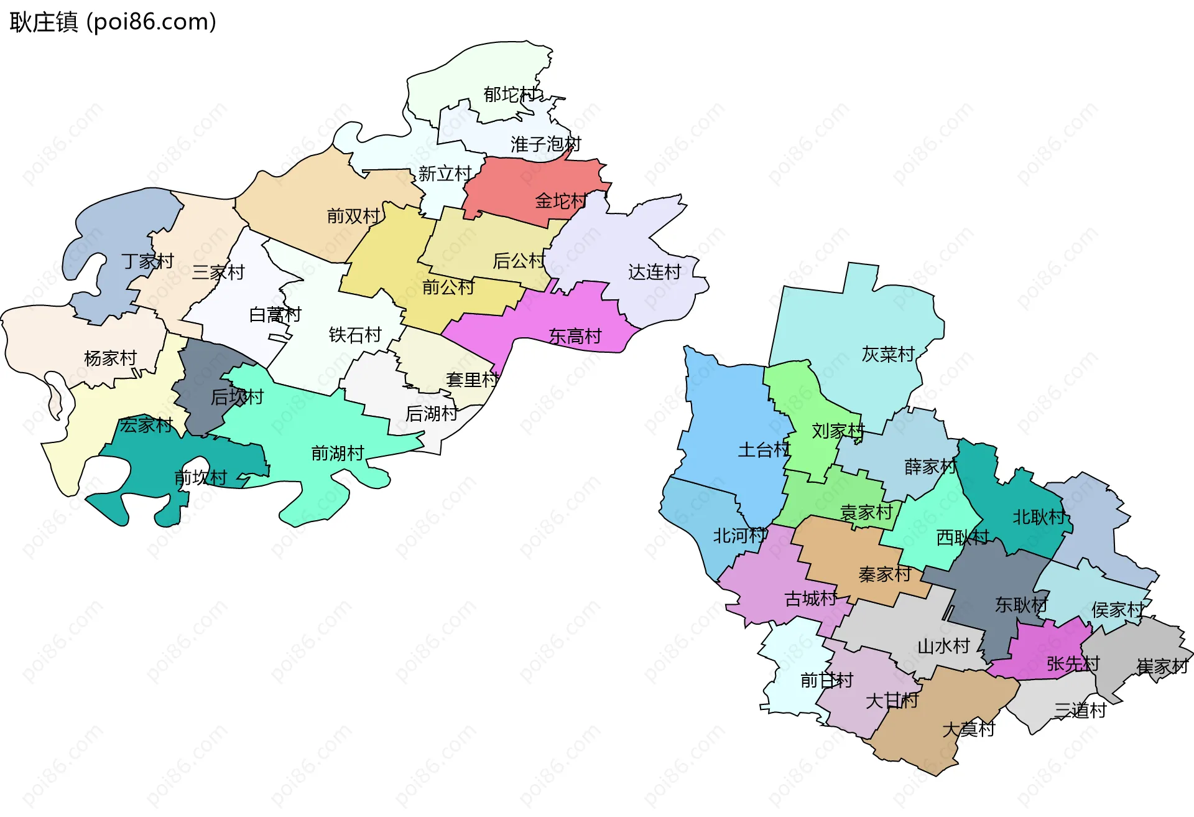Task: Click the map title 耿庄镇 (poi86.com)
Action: pos(113,22)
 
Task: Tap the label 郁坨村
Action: pos(509,95)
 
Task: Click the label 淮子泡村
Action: pos(545,144)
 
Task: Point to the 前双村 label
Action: pos(353,216)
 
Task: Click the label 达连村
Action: pos(654,272)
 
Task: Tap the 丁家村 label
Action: pos(147,261)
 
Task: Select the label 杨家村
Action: pos(110,358)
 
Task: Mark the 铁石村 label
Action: pos(354,335)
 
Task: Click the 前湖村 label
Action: pos(337,453)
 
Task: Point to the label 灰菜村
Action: pos(887,354)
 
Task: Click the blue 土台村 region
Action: pos(728,423)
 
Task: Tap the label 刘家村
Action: pos(838,431)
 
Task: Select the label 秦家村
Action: pos(884,574)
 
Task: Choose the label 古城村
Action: pos(810,599)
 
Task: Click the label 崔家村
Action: pos(1162,666)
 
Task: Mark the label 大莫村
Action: pos(968,729)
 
